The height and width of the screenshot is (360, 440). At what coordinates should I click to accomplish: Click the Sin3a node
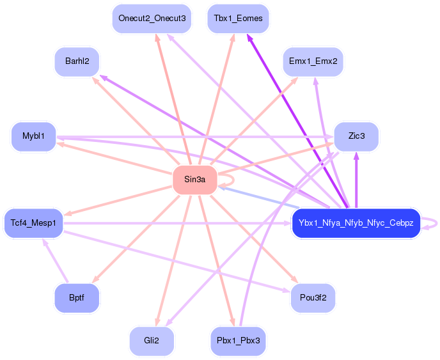[x=195, y=180]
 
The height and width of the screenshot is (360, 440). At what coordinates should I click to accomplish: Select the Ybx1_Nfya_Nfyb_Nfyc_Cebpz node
[x=356, y=223]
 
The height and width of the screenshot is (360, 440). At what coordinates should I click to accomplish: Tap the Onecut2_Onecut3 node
[x=152, y=19]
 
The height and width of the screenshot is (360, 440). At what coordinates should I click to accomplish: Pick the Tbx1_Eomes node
[x=238, y=19]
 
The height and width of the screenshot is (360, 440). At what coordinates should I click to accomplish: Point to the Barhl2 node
[x=77, y=61]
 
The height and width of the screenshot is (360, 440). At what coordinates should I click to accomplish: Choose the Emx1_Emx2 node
[x=313, y=61]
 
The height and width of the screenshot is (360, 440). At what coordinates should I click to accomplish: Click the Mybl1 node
[x=34, y=137]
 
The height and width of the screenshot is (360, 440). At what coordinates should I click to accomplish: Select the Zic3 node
[x=356, y=137]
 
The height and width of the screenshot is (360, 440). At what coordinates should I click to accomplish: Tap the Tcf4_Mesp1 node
[x=33, y=223]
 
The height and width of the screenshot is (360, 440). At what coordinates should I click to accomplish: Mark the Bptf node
[x=77, y=298]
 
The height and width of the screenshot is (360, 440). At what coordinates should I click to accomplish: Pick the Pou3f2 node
[x=313, y=298]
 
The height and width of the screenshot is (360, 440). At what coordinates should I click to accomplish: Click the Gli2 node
[x=152, y=341]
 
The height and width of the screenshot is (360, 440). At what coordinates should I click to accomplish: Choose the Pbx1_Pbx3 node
[x=239, y=341]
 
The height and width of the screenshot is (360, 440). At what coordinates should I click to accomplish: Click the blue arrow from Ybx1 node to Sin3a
[x=259, y=198]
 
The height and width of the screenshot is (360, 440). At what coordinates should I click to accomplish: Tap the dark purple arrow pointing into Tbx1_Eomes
[x=297, y=121]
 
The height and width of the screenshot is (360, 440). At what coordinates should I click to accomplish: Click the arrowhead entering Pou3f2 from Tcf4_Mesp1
[x=287, y=290]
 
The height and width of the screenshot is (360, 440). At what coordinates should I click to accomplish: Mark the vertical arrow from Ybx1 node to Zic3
[x=356, y=180]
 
